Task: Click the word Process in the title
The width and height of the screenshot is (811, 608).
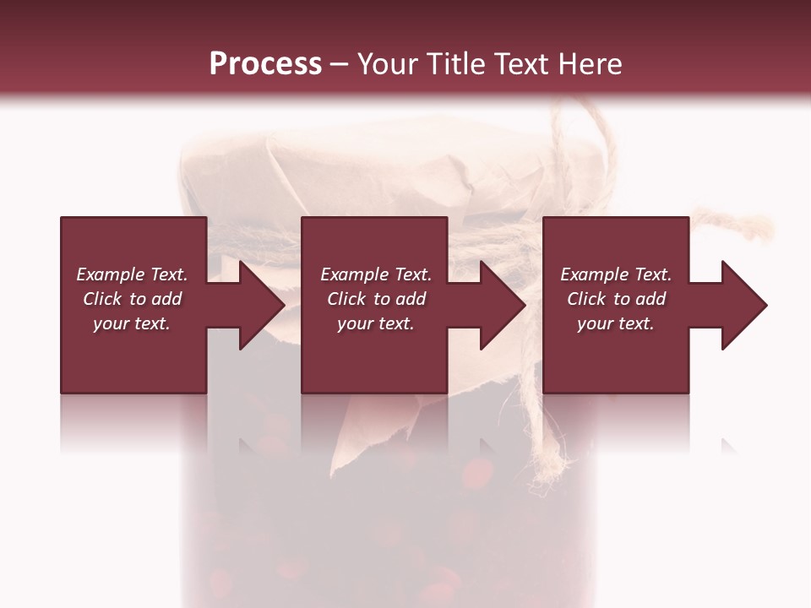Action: point(265,64)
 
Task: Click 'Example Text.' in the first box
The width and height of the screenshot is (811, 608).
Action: point(132,274)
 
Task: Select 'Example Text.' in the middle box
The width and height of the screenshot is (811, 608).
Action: point(376,274)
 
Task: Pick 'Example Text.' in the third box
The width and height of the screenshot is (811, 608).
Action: point(616,274)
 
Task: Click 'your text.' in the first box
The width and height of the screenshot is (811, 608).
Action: point(132,323)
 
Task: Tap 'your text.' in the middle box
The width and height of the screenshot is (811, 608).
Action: point(376,323)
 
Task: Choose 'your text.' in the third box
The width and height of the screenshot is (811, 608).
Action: point(616,323)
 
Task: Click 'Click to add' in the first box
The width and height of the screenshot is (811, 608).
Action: point(132,299)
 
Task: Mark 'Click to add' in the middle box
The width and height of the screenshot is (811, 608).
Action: point(376,299)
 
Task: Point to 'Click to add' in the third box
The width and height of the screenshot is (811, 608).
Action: point(616,299)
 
